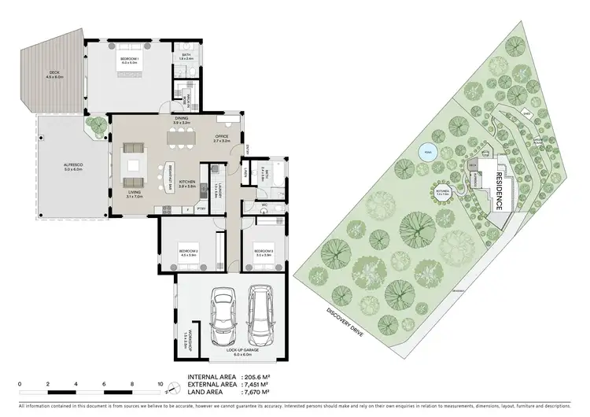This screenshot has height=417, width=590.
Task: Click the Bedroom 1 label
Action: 130,60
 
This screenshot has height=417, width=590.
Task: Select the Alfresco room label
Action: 73,166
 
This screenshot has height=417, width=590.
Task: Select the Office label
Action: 222,138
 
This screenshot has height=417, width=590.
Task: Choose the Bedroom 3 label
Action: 264,252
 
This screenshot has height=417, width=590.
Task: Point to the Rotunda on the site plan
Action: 442,191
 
